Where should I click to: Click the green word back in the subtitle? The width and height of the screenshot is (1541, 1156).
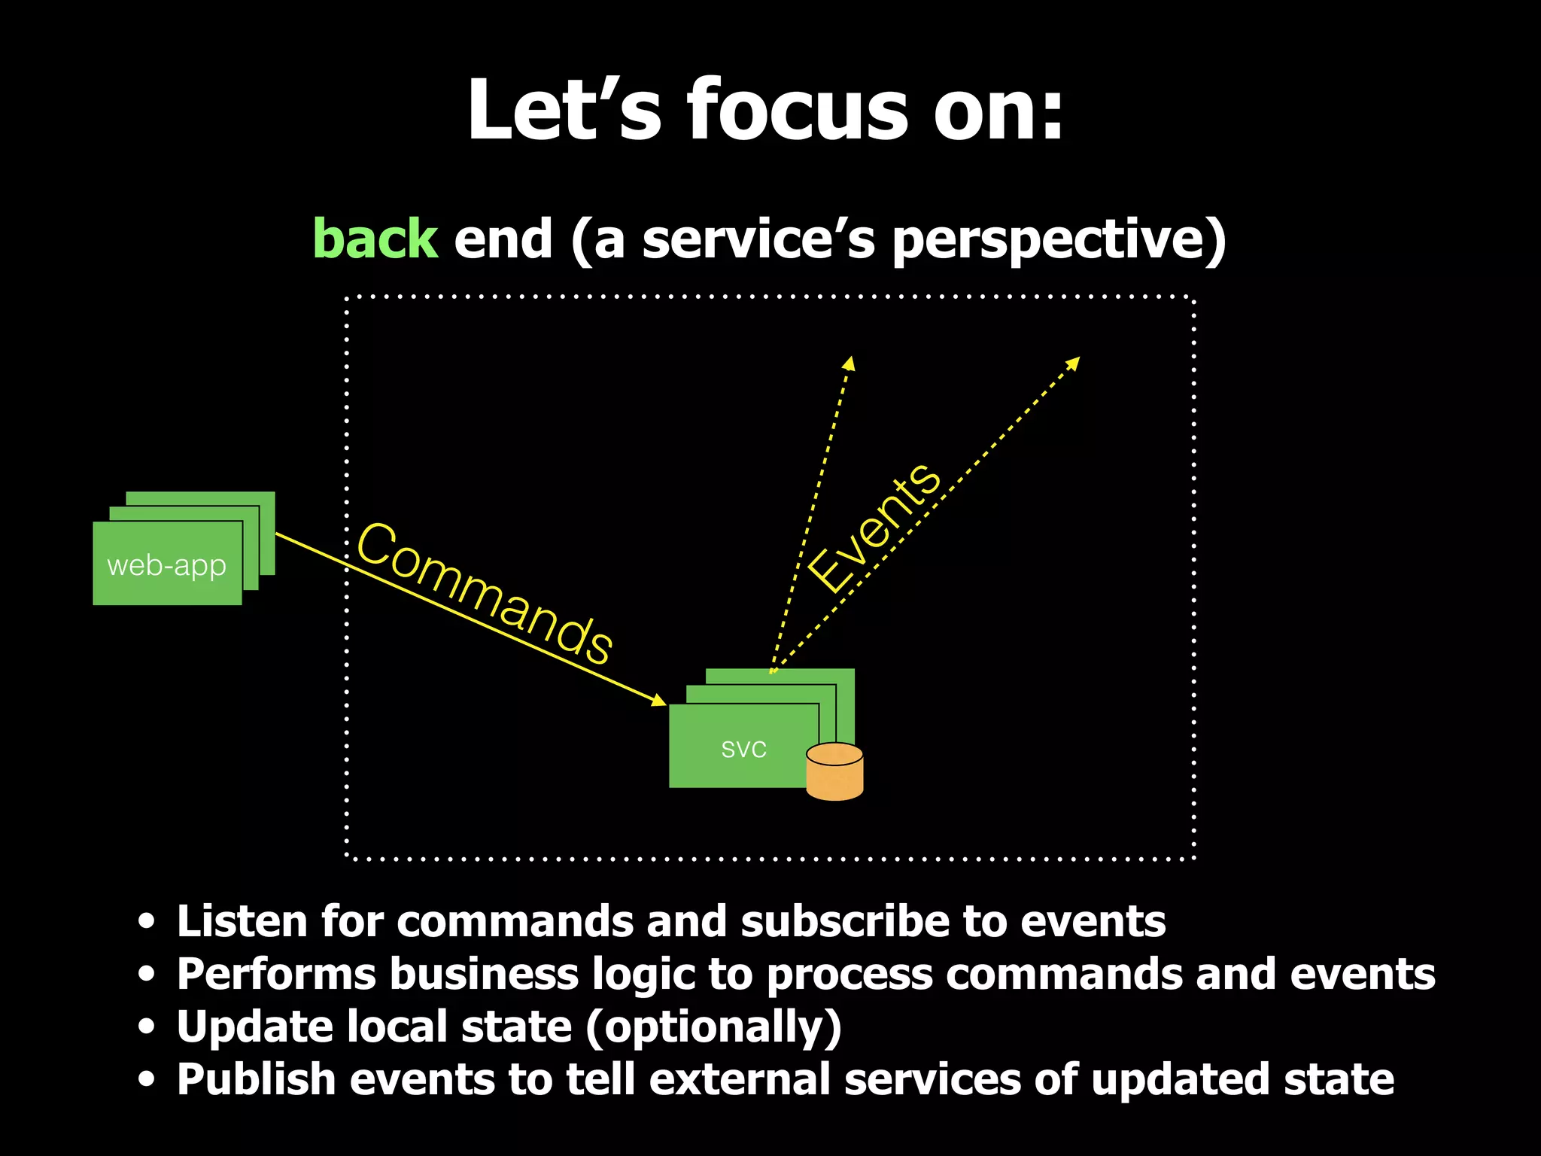pos(375,239)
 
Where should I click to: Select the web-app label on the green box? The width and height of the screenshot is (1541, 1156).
pos(166,565)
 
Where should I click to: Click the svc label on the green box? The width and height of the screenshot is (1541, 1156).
pos(743,749)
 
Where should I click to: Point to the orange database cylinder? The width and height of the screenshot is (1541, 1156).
pos(834,772)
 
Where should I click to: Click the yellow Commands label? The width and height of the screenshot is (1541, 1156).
pos(485,593)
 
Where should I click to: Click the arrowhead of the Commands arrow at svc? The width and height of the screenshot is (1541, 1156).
pos(659,701)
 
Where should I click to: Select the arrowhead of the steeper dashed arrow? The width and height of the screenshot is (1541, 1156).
pos(849,364)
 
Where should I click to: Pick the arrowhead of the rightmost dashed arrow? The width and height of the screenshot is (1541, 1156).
pos(1074,364)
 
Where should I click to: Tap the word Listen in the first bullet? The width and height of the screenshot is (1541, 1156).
pos(242,921)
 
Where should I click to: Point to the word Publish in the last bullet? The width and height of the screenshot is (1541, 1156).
pos(256,1079)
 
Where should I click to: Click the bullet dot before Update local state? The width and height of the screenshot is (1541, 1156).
pos(147,1027)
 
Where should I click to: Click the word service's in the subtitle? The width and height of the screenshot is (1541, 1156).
pos(758,239)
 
